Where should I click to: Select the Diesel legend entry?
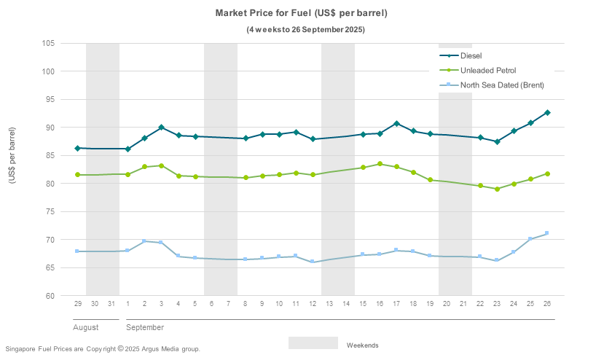[471, 55]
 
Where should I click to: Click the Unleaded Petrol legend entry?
[487, 70]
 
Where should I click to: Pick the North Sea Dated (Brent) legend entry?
[501, 85]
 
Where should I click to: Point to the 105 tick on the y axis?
[49, 43]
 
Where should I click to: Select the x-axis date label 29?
[77, 303]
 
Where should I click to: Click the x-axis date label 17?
[396, 303]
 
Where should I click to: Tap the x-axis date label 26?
[547, 303]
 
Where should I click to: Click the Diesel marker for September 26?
[547, 112]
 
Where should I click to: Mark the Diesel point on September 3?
[161, 128]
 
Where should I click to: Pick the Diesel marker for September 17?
[396, 123]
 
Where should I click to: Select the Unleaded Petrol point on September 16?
[379, 164]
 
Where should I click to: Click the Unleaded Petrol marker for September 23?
[497, 189]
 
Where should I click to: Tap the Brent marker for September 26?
[547, 233]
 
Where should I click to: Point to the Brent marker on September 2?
[144, 240]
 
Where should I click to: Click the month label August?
[86, 327]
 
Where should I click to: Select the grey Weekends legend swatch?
[313, 343]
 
